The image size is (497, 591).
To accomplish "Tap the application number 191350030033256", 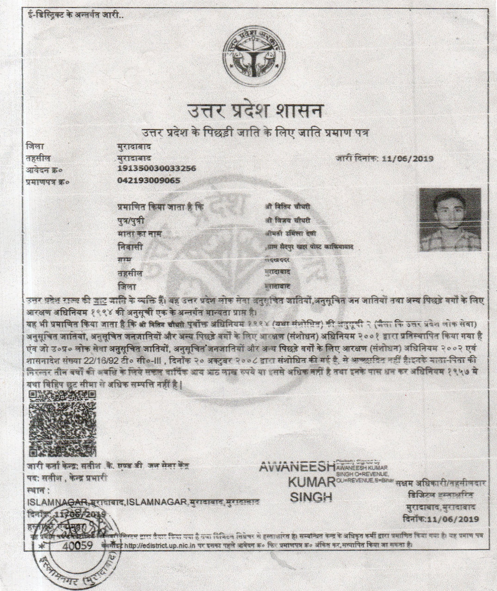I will click(x=156, y=168).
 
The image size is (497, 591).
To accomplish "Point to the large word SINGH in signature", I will click(x=311, y=497).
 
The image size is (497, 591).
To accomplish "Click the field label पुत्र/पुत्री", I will click(x=130, y=221).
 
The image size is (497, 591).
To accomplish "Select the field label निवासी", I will click(x=130, y=247).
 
